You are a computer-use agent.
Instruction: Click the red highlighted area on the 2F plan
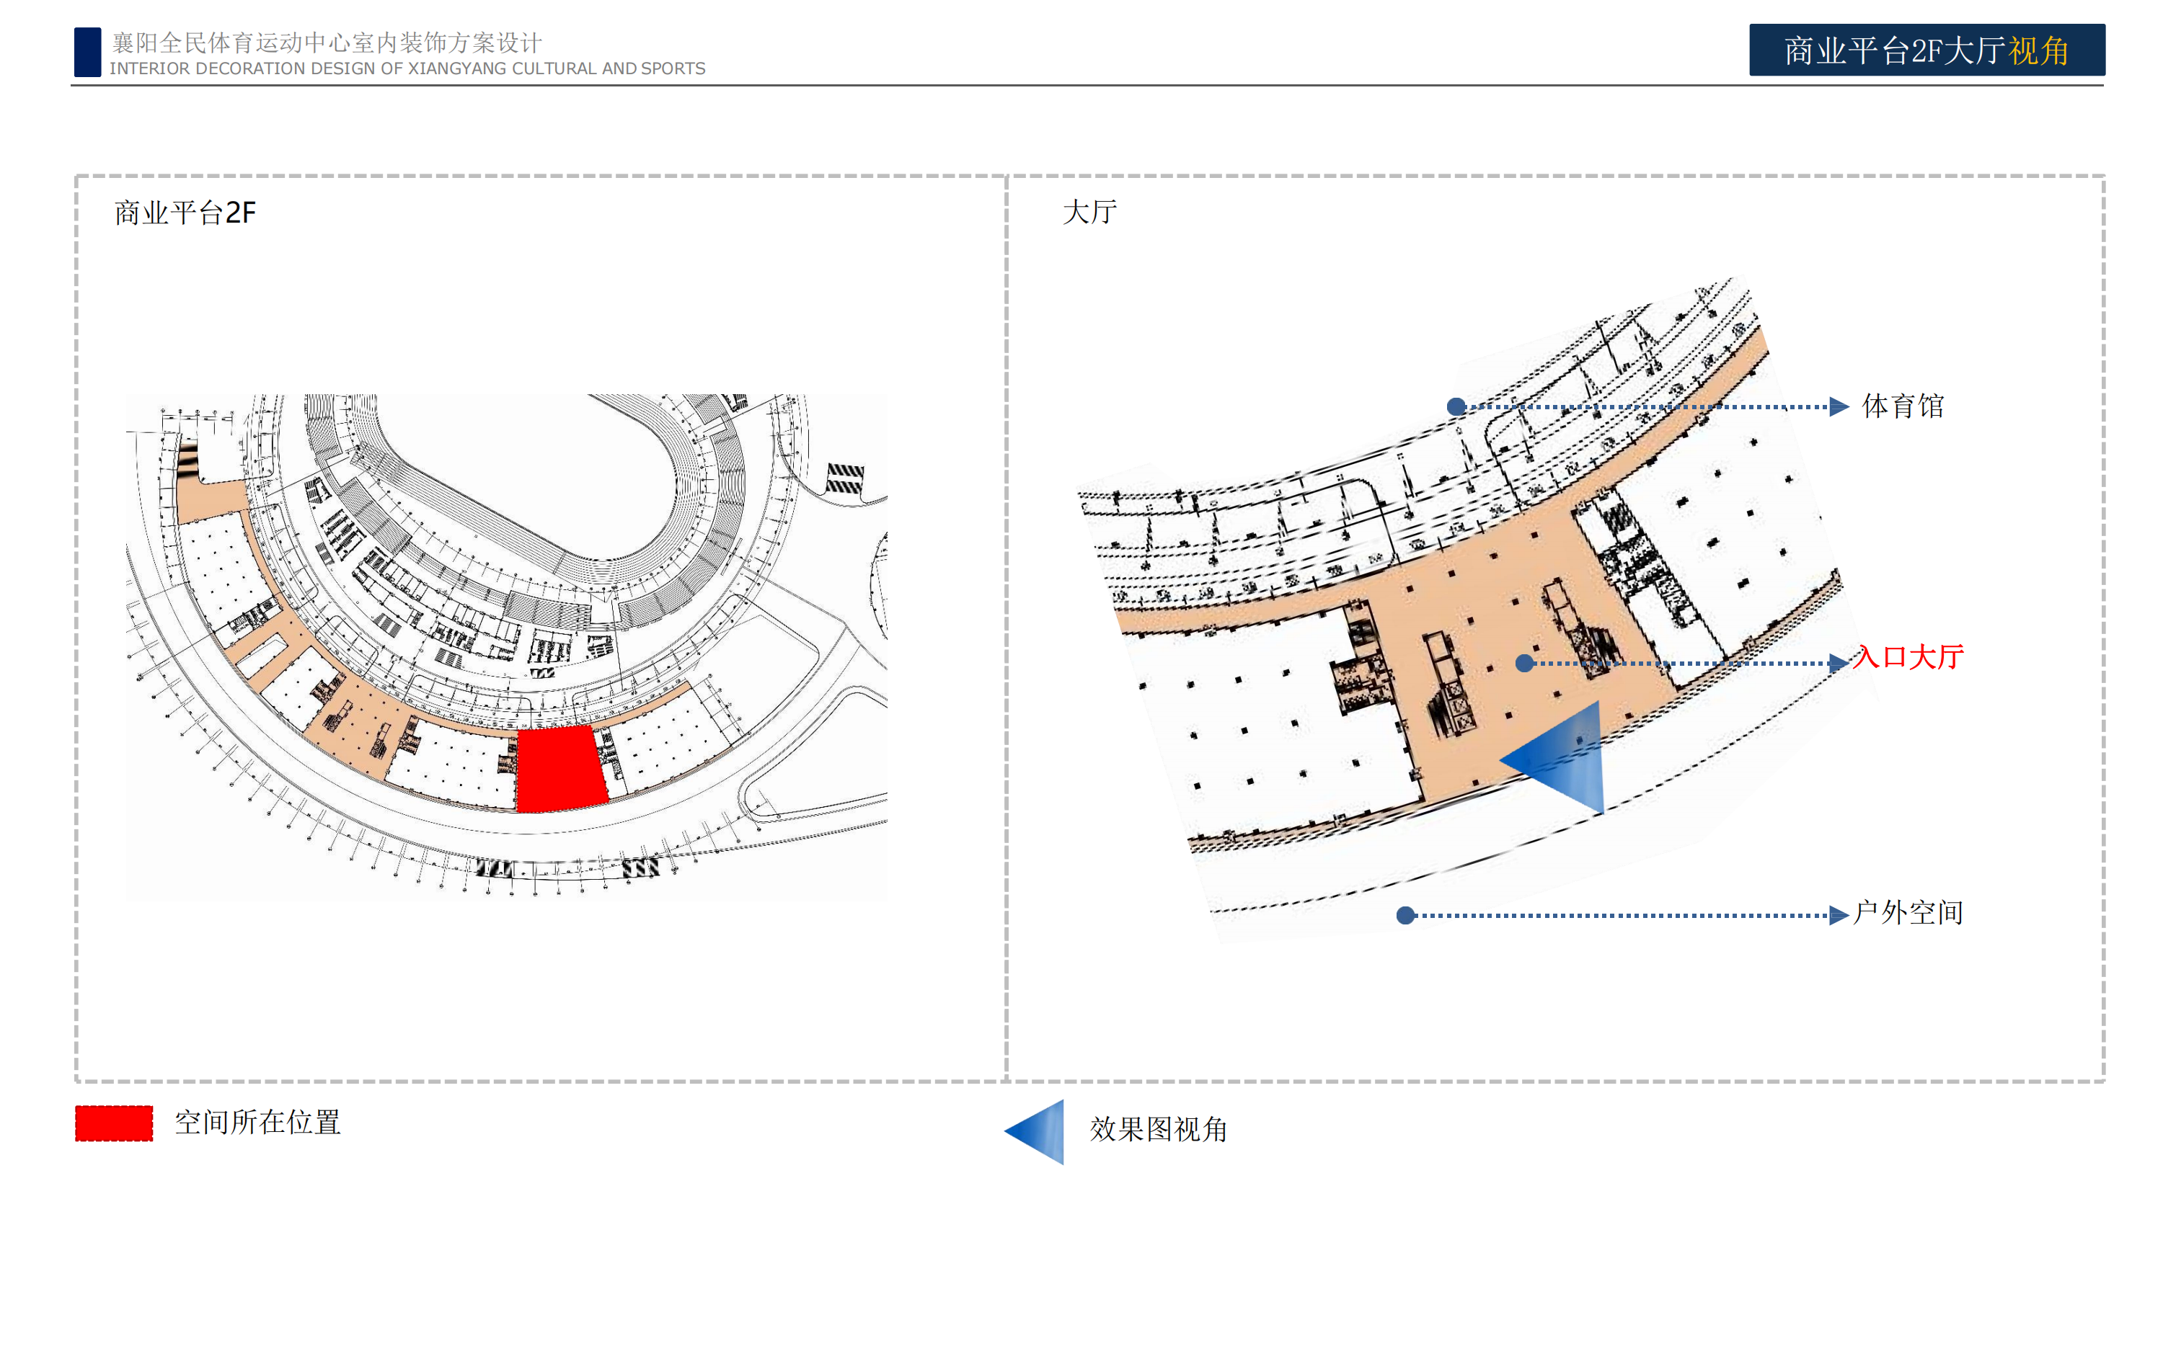pyautogui.click(x=562, y=768)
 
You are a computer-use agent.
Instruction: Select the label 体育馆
pyautogui.click(x=1903, y=406)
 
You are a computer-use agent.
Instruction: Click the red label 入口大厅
pyautogui.click(x=1908, y=658)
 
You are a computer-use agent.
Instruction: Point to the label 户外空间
pyautogui.click(x=1908, y=912)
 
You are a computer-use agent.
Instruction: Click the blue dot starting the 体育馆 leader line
pyautogui.click(x=1456, y=407)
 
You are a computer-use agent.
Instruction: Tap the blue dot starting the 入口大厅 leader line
pyautogui.click(x=1525, y=663)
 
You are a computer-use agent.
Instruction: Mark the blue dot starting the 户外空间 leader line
pyautogui.click(x=1406, y=915)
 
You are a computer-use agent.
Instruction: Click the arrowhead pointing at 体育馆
pyautogui.click(x=1839, y=407)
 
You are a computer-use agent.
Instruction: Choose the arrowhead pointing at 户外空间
pyautogui.click(x=1839, y=915)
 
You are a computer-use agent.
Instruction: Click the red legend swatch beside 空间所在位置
pyautogui.click(x=113, y=1123)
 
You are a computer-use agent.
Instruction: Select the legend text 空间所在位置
pyautogui.click(x=257, y=1123)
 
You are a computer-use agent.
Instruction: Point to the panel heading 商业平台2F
pyautogui.click(x=185, y=213)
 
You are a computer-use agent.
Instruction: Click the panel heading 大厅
pyautogui.click(x=1089, y=212)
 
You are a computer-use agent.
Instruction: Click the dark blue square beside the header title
pyautogui.click(x=87, y=52)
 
